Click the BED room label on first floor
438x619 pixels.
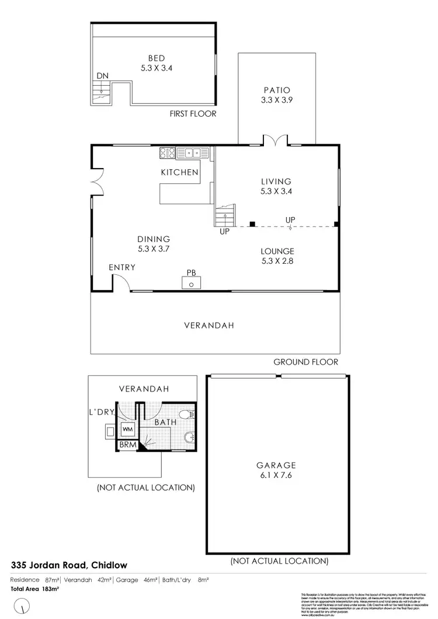point(156,58)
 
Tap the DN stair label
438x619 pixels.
point(102,76)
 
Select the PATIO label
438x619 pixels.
point(276,90)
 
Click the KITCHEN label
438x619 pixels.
point(180,172)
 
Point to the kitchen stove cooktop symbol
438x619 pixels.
point(167,153)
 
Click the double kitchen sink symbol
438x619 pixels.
point(193,153)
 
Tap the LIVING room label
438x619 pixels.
point(276,181)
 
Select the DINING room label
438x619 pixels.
point(154,239)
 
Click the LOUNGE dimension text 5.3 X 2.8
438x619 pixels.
point(277,261)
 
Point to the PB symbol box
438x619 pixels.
point(192,283)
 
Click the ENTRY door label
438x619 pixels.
point(122,267)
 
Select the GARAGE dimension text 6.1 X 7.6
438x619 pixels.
point(276,475)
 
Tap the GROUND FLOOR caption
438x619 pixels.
point(305,362)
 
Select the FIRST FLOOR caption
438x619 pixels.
point(193,113)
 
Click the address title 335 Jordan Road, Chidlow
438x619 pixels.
point(69,565)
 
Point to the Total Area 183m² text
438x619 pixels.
point(35,589)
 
